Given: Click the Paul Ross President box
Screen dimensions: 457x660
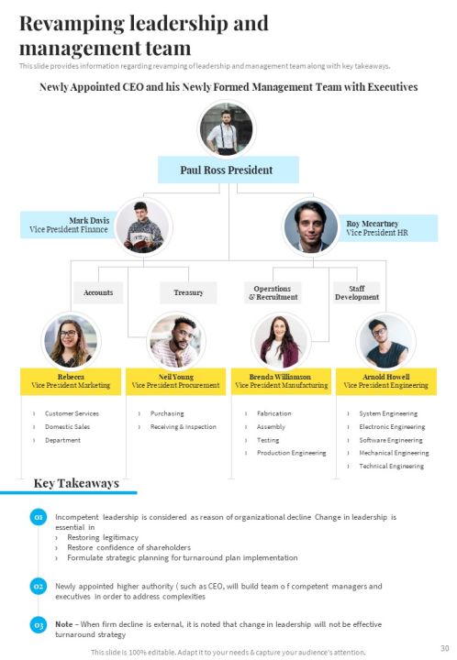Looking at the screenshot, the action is [228, 170].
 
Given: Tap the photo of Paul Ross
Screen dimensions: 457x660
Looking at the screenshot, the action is [227, 129].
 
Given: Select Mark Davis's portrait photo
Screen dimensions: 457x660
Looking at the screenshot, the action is [143, 227].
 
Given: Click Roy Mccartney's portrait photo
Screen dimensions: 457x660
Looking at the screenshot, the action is [311, 226].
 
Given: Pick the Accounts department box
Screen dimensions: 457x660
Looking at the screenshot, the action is [98, 292].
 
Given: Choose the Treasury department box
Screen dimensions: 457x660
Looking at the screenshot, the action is [188, 292].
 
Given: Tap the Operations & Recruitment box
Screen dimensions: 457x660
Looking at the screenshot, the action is [273, 292].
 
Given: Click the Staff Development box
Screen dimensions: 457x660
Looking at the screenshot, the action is [357, 292].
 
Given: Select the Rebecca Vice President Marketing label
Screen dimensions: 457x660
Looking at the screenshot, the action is [71, 381].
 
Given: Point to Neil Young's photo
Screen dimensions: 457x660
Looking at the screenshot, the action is [176, 340].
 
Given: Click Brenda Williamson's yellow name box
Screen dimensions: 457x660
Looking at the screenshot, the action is [281, 381].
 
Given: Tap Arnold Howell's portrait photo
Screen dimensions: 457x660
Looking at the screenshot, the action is [385, 340].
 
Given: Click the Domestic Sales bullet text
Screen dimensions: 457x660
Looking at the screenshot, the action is [67, 427].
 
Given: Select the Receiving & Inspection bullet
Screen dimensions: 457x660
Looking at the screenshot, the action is [184, 427].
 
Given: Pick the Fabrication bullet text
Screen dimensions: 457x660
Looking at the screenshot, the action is [274, 413].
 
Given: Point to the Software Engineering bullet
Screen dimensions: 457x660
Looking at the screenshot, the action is [391, 440].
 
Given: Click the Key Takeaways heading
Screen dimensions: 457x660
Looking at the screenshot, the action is [76, 483].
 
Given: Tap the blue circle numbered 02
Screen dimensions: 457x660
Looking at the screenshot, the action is [39, 587].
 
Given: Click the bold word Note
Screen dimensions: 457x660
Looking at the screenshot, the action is [63, 624].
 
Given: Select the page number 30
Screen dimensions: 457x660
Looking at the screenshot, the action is [445, 648].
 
